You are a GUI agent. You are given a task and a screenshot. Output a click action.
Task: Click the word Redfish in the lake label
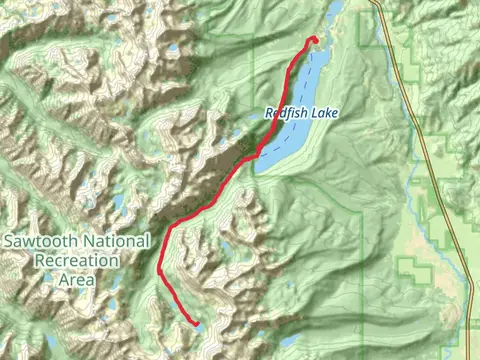(285, 114)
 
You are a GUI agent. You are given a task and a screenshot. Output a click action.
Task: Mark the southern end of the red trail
(193, 323)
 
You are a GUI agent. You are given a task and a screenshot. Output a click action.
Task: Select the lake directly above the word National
(118, 205)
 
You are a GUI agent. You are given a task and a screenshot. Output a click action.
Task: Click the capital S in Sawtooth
(9, 241)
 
